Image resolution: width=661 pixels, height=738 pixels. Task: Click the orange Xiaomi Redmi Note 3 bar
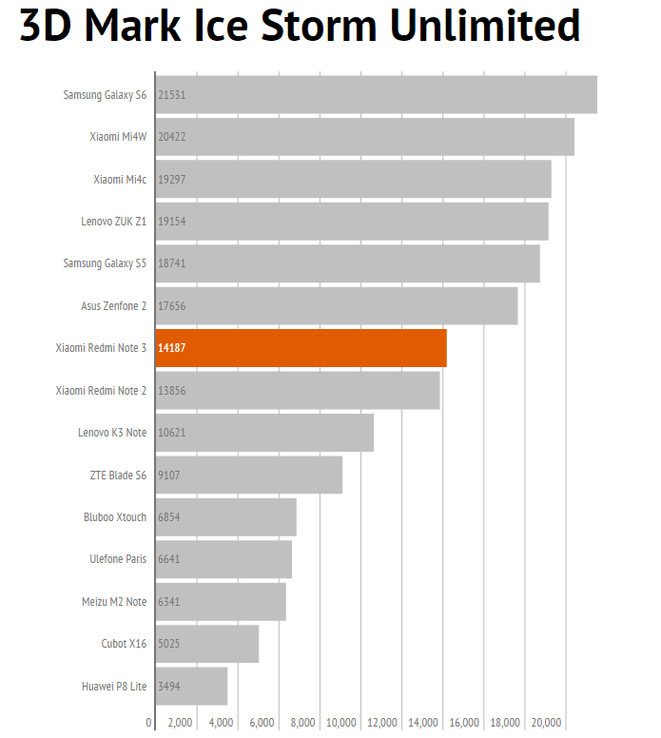point(301,348)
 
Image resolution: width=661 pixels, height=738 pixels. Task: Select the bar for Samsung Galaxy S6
point(376,94)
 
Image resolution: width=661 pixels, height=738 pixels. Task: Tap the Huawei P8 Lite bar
point(191,686)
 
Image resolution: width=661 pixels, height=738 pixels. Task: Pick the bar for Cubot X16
point(206,644)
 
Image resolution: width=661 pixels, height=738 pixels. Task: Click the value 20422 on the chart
point(172,137)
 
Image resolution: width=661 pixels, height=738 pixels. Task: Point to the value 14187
point(172,348)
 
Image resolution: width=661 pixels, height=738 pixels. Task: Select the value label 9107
point(169,475)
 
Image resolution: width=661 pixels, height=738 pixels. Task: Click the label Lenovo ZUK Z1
point(113,222)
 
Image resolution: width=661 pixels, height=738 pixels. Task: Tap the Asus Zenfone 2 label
point(113,306)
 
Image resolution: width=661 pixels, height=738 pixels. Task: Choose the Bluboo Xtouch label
point(115,517)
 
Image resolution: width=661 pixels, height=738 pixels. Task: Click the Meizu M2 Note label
point(114,601)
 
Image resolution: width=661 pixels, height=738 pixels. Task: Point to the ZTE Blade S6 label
point(118,475)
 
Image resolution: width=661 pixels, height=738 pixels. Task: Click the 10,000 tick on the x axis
point(342,723)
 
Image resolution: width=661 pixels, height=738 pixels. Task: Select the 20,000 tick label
point(546,723)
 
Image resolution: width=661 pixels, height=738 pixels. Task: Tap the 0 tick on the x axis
point(149,723)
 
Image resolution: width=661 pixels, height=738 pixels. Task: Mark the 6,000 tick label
point(262,723)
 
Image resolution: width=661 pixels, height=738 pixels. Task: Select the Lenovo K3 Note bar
point(264,433)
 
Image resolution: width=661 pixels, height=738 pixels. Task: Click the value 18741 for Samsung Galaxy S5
point(172,263)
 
